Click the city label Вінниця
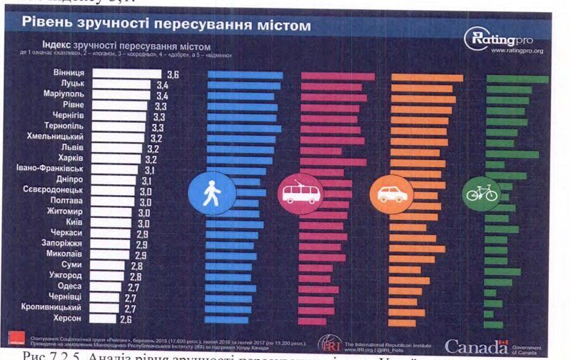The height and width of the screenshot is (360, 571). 69,74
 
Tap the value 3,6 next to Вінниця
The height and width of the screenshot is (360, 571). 172,74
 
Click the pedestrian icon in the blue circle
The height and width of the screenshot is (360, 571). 212,194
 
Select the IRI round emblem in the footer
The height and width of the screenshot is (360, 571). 329,343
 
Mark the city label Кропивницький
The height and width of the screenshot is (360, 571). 55,307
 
